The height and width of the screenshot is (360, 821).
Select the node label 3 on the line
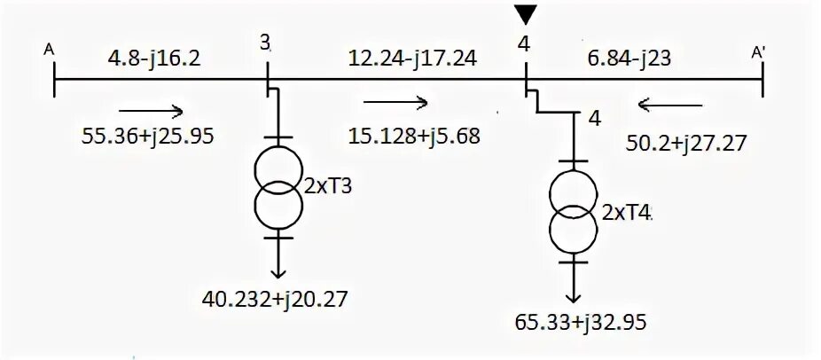266,42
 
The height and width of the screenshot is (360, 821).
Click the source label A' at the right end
759,53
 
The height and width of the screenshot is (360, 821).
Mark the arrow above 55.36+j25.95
151,110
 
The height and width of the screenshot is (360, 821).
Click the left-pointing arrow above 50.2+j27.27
669,106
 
